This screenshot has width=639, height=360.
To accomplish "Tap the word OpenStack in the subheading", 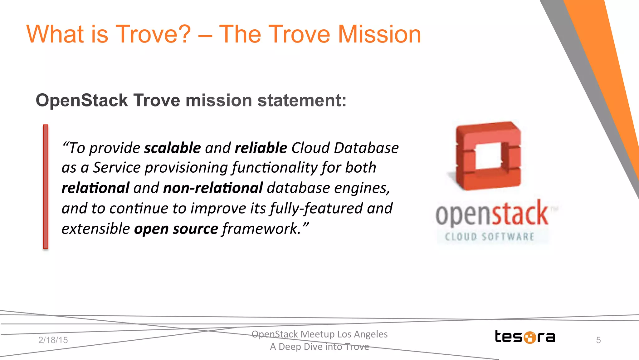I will click(82, 101).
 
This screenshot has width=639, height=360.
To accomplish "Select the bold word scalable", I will click(172, 148).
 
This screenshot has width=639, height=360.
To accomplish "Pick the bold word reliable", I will click(261, 148).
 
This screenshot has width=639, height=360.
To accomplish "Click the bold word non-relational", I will click(213, 188).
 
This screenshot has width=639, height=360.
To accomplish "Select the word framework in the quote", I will click(261, 229).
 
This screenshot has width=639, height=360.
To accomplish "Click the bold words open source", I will click(176, 229).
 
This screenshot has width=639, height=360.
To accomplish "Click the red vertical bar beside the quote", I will click(46, 186).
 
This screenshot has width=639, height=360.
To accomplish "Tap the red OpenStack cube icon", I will click(488, 155).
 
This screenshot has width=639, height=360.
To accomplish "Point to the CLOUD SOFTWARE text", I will click(489, 237).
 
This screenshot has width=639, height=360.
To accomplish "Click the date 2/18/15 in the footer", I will click(53, 340).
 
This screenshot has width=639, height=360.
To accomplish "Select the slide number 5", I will click(598, 340).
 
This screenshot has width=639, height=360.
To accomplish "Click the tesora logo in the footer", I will click(525, 337).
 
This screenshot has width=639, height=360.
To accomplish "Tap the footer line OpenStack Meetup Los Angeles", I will click(319, 334).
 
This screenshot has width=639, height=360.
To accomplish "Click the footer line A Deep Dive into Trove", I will click(319, 347).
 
